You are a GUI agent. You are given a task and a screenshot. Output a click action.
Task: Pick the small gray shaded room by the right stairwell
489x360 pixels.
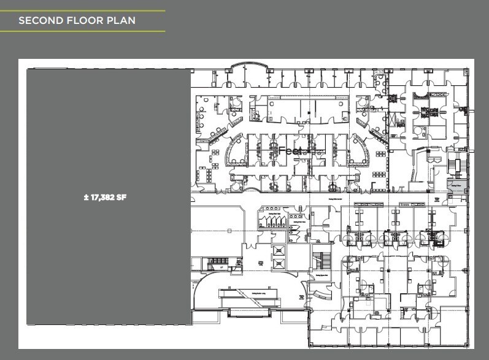[x=457, y=185]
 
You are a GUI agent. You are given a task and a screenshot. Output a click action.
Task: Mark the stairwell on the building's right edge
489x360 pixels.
[x=455, y=166]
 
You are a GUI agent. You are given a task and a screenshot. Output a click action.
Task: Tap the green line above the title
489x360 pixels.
[x=83, y=10]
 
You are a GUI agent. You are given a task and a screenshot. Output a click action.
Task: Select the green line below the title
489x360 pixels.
[x=83, y=31]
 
